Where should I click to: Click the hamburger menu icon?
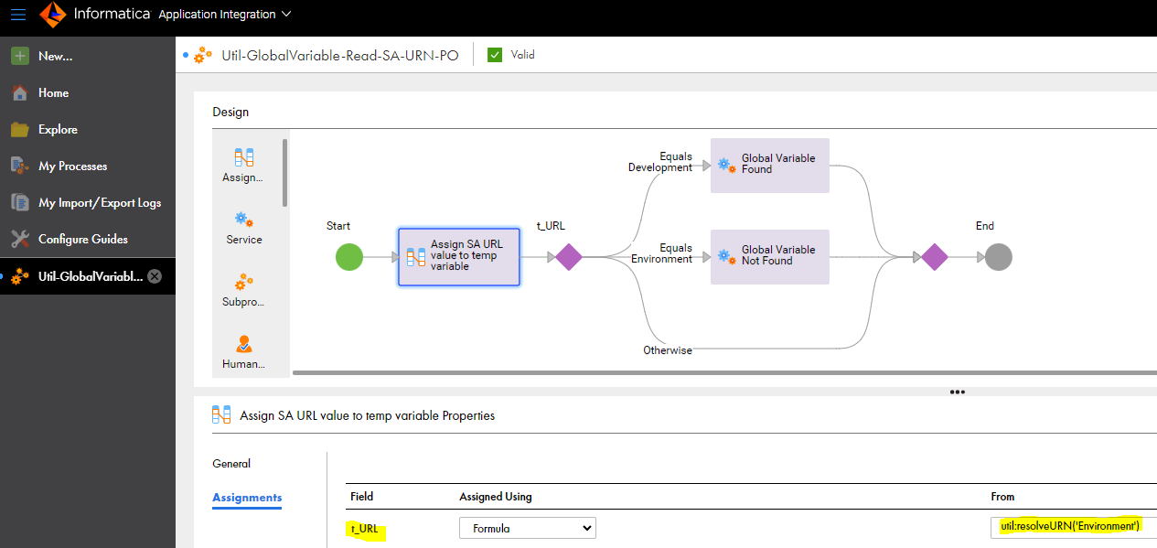point(18,14)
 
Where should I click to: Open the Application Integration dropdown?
point(225,14)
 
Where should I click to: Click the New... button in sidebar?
point(55,56)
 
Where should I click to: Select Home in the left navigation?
point(53,93)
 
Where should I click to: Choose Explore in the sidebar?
point(58,130)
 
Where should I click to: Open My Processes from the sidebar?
point(73,167)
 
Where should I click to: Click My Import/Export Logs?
point(100,203)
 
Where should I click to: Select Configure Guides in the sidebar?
point(83,239)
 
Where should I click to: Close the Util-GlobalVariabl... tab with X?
point(155,276)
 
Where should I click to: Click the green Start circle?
point(349,257)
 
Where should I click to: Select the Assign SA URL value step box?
point(458,257)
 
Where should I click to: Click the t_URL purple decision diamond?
point(569,257)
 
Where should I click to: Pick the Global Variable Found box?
point(769,166)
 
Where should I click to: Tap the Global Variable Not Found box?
point(769,257)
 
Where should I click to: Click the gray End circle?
point(999,257)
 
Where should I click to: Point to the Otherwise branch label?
point(668,350)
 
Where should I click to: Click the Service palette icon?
point(244,220)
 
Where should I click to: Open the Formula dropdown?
point(528,528)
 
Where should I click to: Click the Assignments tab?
point(247,498)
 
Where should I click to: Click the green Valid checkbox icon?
point(494,55)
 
